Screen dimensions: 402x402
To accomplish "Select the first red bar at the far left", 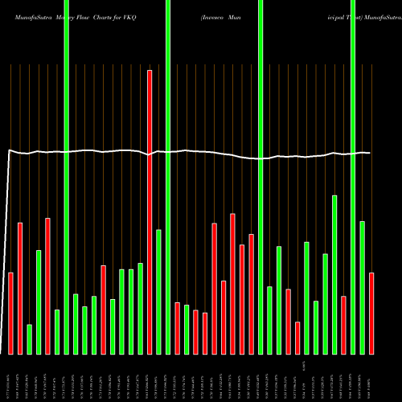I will (x=11, y=314).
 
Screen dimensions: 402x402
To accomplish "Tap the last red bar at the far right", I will (x=371, y=314).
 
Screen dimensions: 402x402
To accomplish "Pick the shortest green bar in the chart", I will (x=30, y=339).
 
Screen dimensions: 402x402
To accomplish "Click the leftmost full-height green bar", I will (x=67, y=177).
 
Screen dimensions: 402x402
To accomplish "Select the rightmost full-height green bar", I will (x=353, y=177).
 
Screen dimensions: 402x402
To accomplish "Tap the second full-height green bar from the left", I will (x=168, y=177).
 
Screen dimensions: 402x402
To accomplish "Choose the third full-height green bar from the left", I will (x=260, y=177).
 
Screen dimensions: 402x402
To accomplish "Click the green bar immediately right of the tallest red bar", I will (x=159, y=292).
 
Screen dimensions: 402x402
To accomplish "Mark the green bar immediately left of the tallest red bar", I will (x=141, y=309).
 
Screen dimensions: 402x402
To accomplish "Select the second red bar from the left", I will (x=20, y=288).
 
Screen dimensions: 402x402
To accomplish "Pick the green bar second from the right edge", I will (x=353, y=177).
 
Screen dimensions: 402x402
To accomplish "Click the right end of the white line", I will (x=370, y=153).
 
